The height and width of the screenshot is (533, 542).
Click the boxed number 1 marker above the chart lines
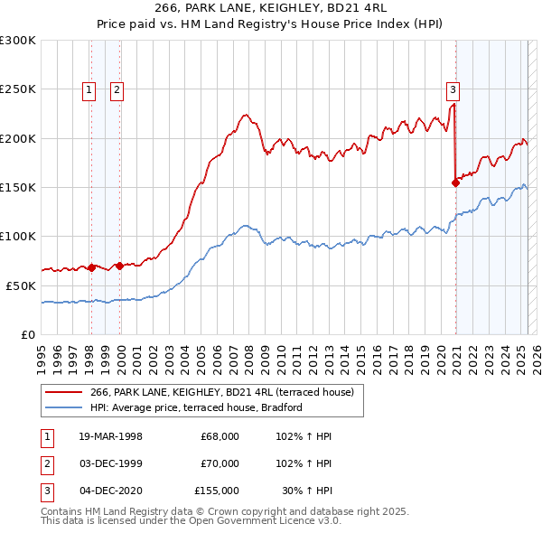pos(89,89)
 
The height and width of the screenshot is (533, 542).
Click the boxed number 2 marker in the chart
pos(118,89)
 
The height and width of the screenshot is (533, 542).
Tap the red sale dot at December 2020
pos(455,182)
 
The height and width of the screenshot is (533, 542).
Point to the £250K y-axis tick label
pos(18,89)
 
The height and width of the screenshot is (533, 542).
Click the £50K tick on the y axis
pos(21,285)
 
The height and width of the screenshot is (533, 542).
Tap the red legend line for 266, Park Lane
pos(63,391)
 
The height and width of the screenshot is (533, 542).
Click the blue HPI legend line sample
pos(63,407)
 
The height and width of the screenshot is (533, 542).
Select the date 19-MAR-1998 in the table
pos(111,436)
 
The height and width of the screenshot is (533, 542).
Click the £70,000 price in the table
pos(220,463)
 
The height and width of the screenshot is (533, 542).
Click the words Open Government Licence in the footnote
pos(270,521)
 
